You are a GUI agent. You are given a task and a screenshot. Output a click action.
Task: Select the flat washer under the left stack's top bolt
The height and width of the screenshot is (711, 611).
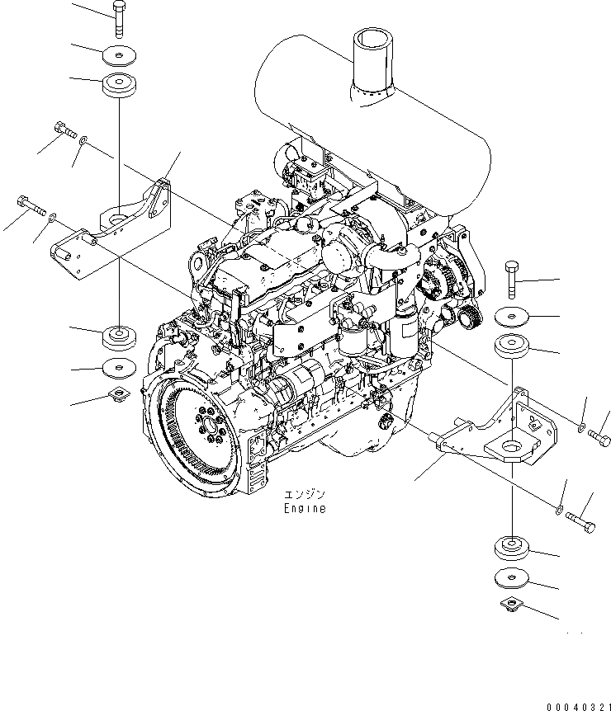pyautogui.click(x=121, y=55)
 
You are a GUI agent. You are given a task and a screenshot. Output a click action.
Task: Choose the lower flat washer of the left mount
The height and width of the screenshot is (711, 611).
pyautogui.click(x=121, y=367)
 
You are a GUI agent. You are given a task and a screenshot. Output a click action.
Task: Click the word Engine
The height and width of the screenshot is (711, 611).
pyautogui.click(x=304, y=509)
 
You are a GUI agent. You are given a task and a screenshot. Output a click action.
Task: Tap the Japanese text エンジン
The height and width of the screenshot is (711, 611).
pyautogui.click(x=305, y=495)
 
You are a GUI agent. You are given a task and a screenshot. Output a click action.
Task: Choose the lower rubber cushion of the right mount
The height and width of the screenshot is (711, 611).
pyautogui.click(x=514, y=549)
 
